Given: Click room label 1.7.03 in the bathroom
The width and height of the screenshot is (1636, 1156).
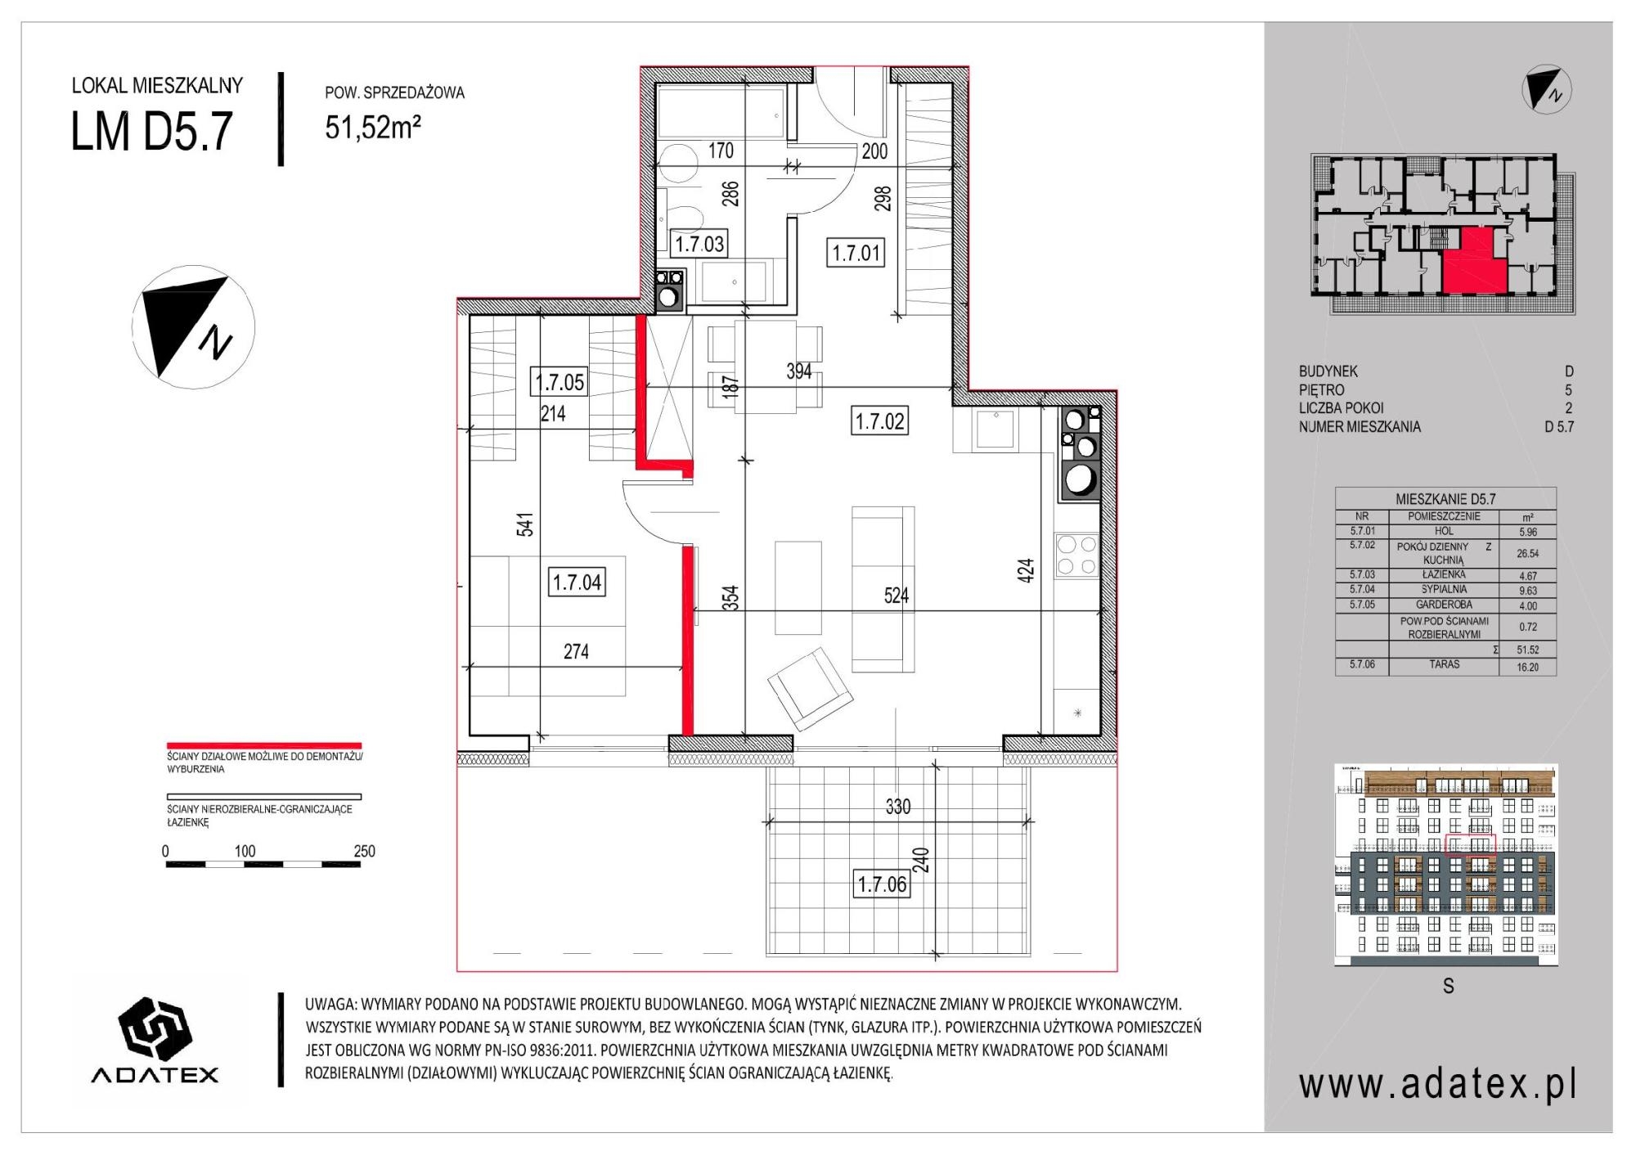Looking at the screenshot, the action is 699,244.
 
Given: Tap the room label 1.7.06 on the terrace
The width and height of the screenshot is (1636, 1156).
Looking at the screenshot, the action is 882,884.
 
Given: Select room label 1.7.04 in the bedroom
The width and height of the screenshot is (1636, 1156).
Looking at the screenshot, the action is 577,582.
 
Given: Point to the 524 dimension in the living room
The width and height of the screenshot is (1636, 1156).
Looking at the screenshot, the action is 896,596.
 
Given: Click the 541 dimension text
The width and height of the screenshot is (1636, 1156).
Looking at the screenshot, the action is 525,524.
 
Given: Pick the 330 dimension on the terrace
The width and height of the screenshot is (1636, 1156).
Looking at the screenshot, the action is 897,807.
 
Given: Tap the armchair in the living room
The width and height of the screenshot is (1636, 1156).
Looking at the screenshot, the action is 810,688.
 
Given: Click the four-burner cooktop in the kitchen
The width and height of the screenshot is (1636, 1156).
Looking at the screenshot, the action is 1076,556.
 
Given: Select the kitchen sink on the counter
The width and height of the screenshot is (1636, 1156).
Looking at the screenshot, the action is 996,429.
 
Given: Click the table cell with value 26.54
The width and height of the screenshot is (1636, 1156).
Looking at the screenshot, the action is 1527,553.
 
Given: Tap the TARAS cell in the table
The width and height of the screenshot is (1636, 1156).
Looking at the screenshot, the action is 1444,664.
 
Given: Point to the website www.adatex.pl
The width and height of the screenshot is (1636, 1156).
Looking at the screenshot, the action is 1437,1085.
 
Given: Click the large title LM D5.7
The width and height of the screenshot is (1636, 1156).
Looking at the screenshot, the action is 152,131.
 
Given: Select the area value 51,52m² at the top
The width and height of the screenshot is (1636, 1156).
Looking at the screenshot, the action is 373,127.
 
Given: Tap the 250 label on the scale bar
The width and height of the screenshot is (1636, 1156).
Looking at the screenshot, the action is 364,851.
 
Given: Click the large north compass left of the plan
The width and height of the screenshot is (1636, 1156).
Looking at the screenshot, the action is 194,326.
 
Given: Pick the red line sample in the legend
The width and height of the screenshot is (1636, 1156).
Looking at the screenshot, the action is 263,746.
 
